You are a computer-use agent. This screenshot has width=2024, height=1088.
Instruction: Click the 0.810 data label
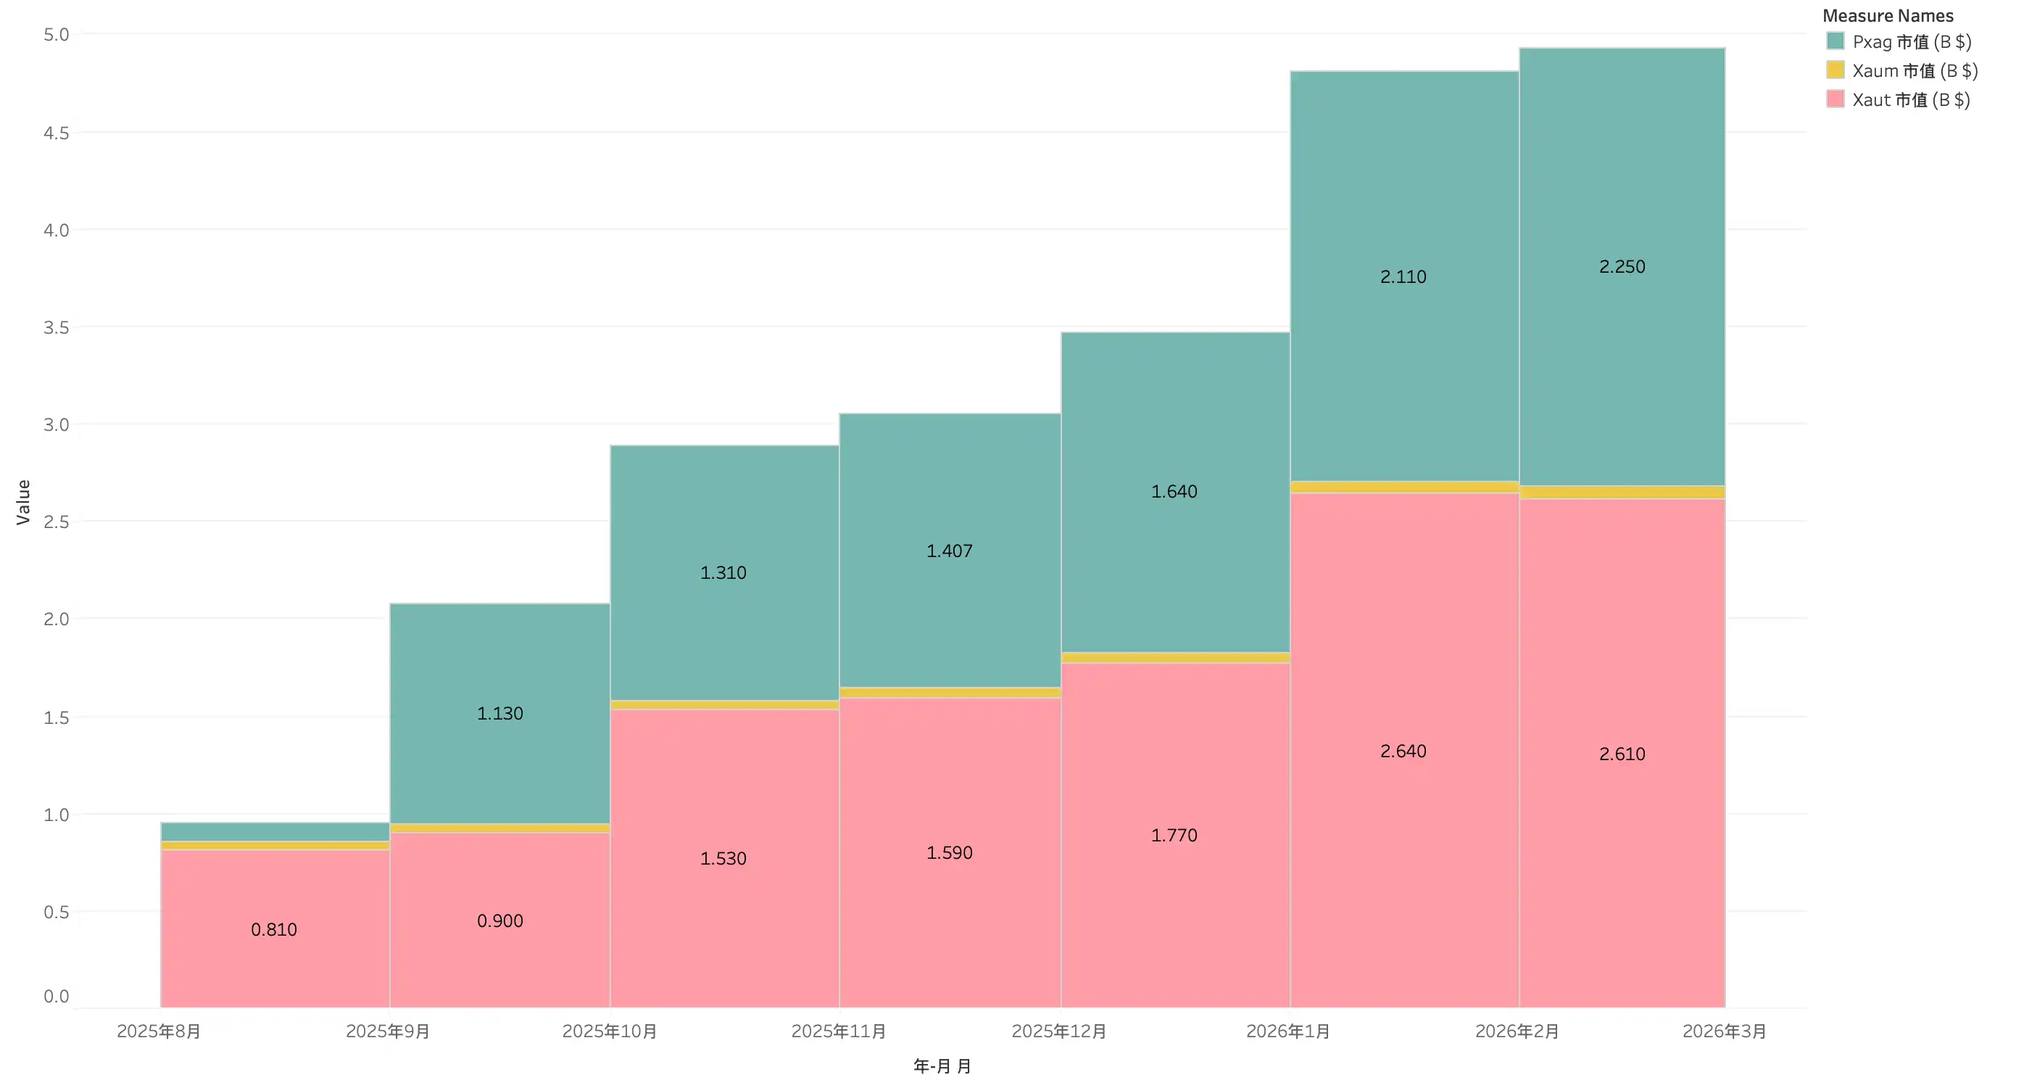tap(273, 929)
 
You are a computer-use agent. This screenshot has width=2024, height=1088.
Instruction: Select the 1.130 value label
tap(499, 713)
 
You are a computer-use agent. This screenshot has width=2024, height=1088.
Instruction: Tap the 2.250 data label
tap(1622, 266)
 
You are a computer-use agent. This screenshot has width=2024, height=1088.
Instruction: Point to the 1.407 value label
tap(949, 551)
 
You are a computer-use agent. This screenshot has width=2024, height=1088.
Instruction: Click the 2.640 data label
tap(1403, 751)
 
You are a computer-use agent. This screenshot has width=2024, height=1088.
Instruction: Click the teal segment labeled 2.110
tap(1403, 354)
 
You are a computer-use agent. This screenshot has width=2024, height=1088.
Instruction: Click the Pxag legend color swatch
tap(1836, 41)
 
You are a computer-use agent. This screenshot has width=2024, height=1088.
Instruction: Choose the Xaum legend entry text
tap(1915, 71)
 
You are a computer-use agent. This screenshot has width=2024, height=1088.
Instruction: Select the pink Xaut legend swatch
tap(1836, 99)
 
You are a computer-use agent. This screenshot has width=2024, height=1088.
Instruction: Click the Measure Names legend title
tap(1887, 16)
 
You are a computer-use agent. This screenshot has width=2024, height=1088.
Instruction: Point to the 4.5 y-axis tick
tap(57, 133)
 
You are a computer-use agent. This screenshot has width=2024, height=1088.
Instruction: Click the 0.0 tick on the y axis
tap(57, 996)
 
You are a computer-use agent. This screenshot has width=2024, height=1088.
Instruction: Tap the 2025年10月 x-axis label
tap(610, 1031)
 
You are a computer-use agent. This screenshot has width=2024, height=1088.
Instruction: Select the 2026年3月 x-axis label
tap(1724, 1031)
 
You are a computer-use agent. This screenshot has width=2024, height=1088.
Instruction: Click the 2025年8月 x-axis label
tap(159, 1031)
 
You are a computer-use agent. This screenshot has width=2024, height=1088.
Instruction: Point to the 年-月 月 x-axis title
tap(942, 1066)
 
